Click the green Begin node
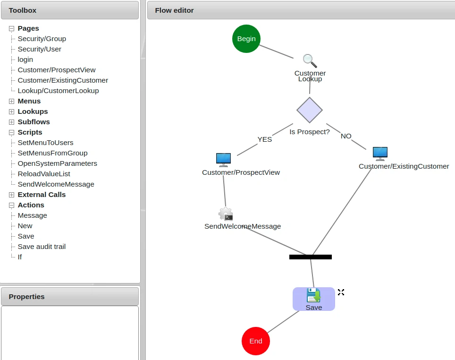246,39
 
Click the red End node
255,341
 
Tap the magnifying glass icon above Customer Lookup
310,61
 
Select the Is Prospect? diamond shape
310,110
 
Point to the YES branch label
264,139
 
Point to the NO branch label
346,136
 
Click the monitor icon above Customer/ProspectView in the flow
223,160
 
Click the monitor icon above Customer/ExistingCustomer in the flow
380,154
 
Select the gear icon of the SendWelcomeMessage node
226,214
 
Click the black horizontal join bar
310,257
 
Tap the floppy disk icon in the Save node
313,295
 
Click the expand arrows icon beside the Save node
341,292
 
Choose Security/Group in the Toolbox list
42,39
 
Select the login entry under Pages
25,60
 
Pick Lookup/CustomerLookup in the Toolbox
58,91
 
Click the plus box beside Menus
12,101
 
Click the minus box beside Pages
12,28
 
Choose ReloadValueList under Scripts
44,174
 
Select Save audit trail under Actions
42,247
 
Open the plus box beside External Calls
12,195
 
